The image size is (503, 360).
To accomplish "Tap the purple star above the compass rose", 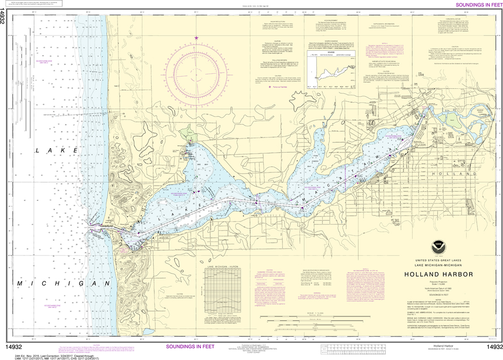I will tap(196, 38).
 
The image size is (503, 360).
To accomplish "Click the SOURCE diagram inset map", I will tap(334, 74).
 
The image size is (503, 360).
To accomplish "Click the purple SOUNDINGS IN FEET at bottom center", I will tap(190, 346).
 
